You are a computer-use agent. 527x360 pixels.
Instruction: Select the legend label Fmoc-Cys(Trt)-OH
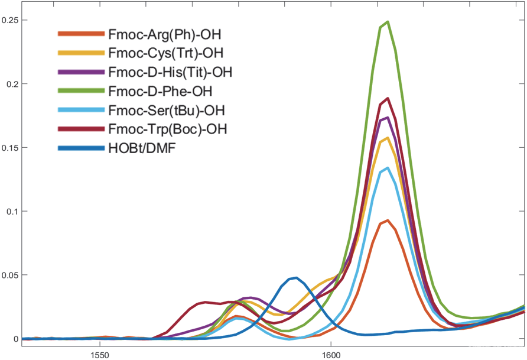tap(165, 53)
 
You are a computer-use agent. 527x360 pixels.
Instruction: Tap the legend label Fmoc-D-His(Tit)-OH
tap(170, 72)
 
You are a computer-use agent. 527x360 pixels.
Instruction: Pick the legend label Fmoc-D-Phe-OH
tap(160, 92)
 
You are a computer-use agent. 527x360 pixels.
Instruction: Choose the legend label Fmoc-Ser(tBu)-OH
tap(167, 111)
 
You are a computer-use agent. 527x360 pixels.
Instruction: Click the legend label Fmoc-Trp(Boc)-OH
tap(168, 128)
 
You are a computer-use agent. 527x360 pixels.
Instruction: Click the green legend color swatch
tap(81, 92)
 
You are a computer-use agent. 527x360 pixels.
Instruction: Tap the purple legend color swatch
tap(81, 72)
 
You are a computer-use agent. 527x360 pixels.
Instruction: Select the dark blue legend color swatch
tap(81, 147)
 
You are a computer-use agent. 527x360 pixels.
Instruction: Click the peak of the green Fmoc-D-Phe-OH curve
tap(387, 22)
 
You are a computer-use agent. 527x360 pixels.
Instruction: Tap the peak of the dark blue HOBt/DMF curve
tap(295, 277)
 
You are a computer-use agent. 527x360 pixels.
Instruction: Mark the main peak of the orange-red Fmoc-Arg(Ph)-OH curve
tap(387, 220)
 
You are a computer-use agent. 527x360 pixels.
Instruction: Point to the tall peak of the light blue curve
tap(387, 168)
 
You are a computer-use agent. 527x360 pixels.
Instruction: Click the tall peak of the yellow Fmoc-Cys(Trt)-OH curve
tap(388, 138)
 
